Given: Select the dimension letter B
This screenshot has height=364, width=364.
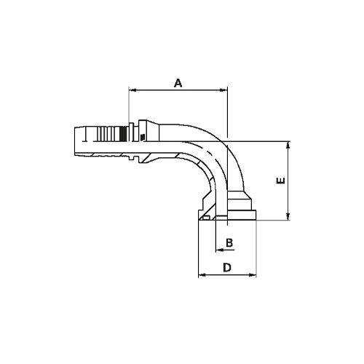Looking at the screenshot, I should pyautogui.click(x=228, y=242).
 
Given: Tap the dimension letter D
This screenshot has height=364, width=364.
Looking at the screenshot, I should pyautogui.click(x=226, y=267).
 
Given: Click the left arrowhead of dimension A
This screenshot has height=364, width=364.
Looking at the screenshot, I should pyautogui.click(x=132, y=91).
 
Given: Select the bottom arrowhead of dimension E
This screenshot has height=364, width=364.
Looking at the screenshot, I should pyautogui.click(x=289, y=216).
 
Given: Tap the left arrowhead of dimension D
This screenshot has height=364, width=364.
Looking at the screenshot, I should pyautogui.click(x=202, y=275).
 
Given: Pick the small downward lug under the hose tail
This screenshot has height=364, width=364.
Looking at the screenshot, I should pyautogui.click(x=136, y=157).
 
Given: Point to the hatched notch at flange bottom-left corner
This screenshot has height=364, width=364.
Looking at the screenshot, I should pyautogui.click(x=207, y=216).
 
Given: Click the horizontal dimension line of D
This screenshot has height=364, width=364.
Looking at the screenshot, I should pyautogui.click(x=226, y=275).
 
